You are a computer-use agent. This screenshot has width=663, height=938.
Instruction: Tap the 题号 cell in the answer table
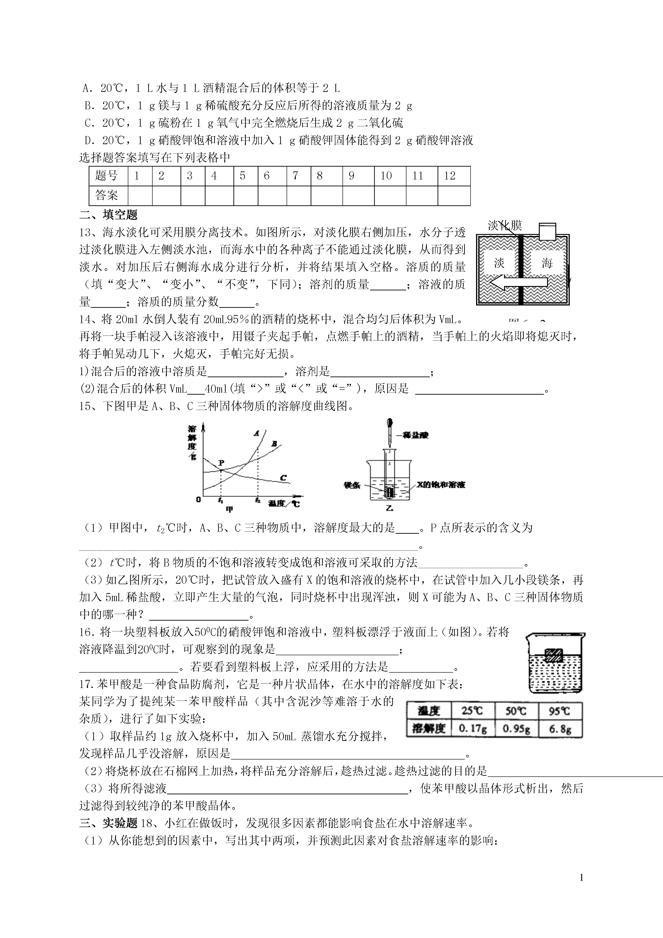[106, 176]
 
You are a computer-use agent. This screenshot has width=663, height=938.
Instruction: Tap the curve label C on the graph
[283, 478]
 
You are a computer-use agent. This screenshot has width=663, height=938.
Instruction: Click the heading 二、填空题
[108, 215]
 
